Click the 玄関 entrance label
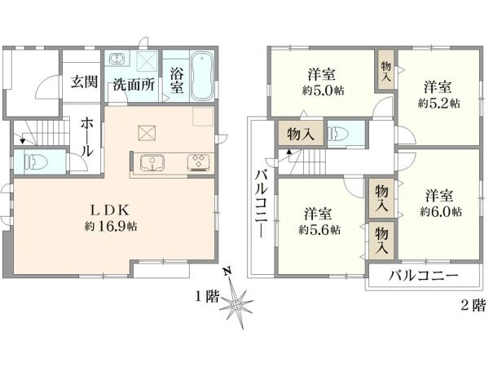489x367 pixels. click(x=79, y=82)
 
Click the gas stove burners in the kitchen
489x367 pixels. click(x=199, y=161)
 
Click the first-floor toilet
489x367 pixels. click(x=30, y=159)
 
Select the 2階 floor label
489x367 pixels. click(x=473, y=305)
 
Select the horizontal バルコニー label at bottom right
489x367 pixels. click(x=422, y=275)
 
